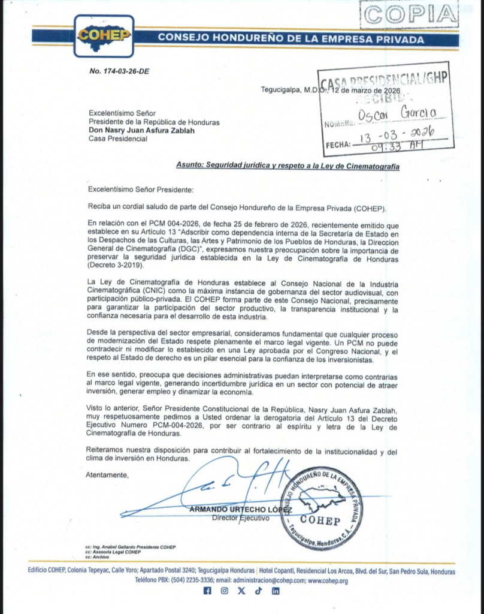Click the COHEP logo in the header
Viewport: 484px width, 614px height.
(104, 35)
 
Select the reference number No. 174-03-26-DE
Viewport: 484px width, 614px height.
(119, 71)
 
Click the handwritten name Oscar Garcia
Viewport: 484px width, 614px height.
(396, 114)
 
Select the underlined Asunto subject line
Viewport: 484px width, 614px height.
(288, 165)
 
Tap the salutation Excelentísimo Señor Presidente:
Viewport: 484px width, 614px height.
(141, 189)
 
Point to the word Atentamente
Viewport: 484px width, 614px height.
(108, 474)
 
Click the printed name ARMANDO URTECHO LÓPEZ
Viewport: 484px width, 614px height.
(240, 509)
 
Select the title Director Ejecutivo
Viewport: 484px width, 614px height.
(240, 518)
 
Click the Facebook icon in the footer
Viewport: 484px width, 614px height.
(207, 591)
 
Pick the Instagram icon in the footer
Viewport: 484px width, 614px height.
(224, 591)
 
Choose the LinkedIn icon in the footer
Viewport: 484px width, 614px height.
(276, 591)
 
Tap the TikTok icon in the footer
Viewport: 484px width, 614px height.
(258, 591)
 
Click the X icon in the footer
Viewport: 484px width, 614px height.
(241, 591)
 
